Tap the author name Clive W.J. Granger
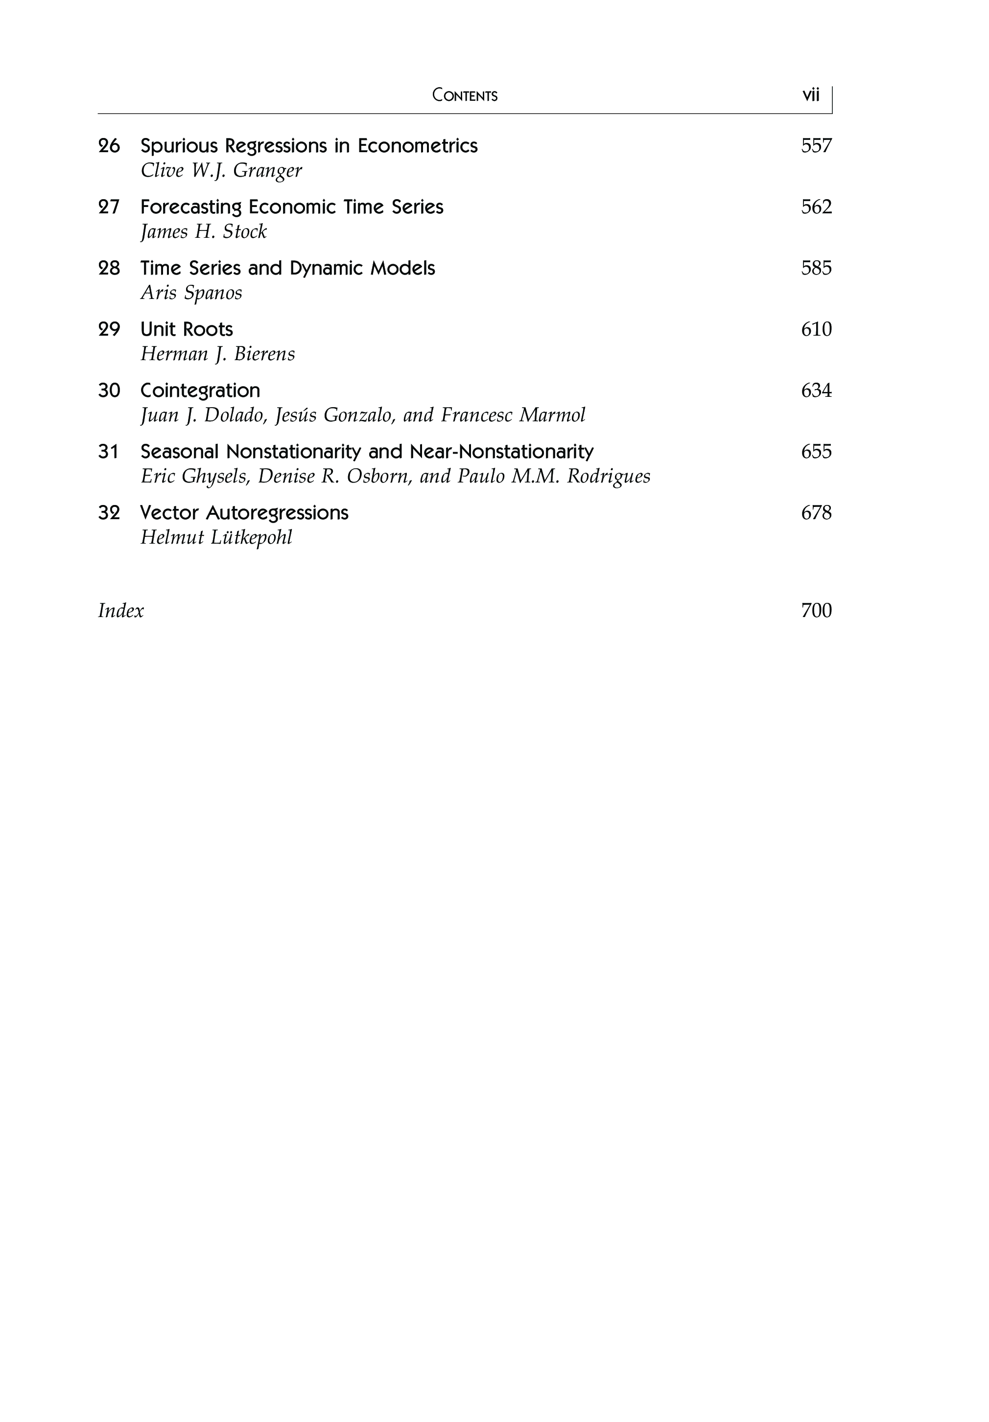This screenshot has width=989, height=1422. pos(221,170)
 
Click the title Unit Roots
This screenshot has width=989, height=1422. pos(187,329)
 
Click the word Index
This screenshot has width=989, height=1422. pos(121,611)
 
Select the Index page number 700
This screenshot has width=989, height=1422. pos(816,611)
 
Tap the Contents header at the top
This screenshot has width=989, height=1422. pos(465,95)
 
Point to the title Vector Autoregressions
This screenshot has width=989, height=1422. pos(244,513)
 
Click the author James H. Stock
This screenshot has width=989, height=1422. pos(203,231)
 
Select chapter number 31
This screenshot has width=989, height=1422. pos(108,452)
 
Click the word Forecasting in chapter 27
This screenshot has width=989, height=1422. pos(191,207)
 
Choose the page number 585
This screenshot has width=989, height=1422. pos(816,268)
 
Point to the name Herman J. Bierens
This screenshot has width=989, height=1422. pos(217,354)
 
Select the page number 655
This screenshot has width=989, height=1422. pos(816,452)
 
